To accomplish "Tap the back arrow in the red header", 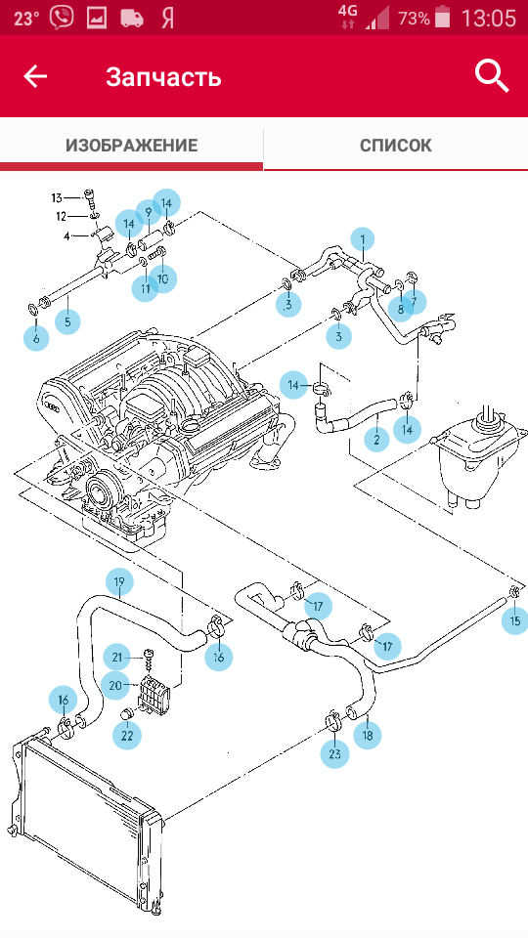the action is [35, 76].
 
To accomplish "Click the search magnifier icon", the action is [492, 76].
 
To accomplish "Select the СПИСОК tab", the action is [396, 145].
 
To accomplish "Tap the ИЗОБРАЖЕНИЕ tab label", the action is [132, 145].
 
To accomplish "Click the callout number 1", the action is [362, 240].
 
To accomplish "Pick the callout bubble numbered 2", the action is [377, 440].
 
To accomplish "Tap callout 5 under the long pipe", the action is [67, 321].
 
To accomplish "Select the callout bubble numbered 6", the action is [36, 338].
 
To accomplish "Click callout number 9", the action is [148, 211].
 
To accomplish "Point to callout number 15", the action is [515, 620].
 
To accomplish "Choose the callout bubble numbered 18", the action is [368, 735].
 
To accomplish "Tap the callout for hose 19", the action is [119, 581].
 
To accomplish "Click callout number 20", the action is [115, 686].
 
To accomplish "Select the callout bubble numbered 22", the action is [127, 735].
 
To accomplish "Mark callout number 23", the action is [334, 753].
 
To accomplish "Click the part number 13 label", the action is [57, 198].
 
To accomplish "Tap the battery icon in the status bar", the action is [442, 17].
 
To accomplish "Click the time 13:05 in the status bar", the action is [489, 18].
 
